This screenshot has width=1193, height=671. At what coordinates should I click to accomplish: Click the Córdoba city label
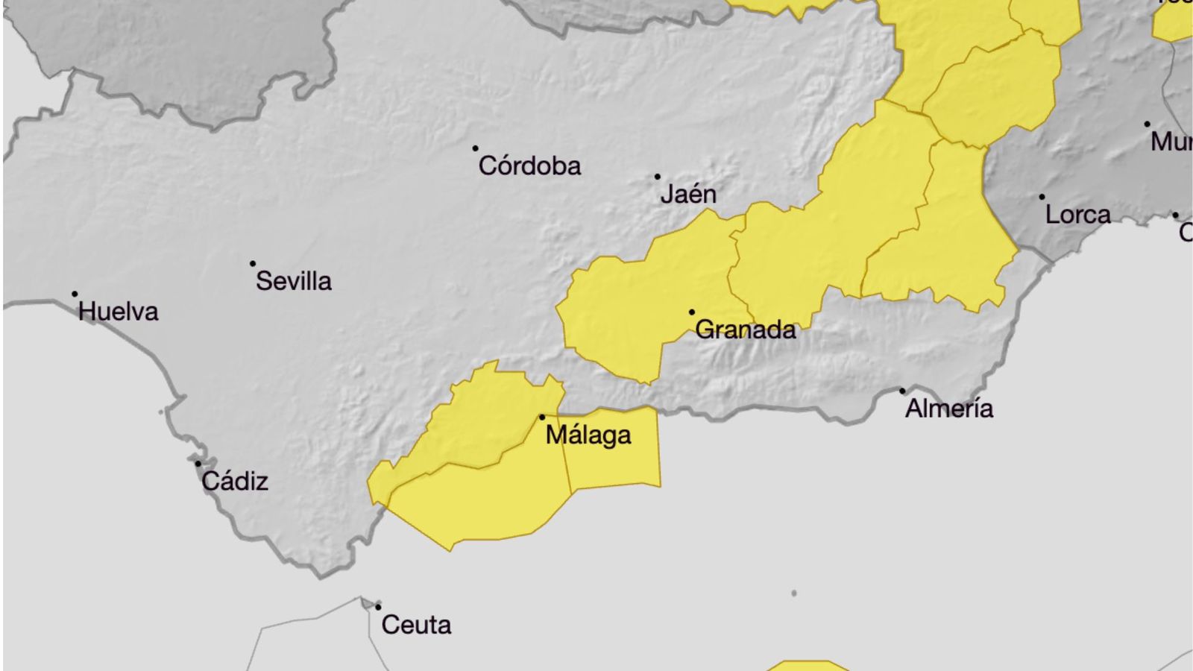coord(529,166)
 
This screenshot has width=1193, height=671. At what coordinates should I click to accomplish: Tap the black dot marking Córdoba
coord(476,148)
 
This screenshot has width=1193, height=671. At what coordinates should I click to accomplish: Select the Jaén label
coord(688,194)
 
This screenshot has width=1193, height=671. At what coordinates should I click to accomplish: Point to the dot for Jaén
coord(658,177)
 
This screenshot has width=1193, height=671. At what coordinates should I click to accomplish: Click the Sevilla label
coord(294,281)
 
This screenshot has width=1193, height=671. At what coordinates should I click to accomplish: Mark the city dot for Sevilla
coord(253,263)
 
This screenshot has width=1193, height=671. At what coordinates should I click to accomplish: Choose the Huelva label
coord(119,311)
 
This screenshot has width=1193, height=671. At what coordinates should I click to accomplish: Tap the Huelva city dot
coord(75,294)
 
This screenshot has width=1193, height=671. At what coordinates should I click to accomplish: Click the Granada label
coord(745,329)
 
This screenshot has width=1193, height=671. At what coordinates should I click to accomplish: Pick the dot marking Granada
coord(692,312)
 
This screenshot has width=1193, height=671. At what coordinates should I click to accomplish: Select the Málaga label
coord(588,435)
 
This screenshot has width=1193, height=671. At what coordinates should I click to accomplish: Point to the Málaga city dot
coord(542,417)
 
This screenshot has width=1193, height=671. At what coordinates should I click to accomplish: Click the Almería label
coord(949,408)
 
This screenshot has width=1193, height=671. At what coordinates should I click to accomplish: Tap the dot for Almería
coord(902,391)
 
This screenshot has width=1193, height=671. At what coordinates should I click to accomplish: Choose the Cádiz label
coord(235,481)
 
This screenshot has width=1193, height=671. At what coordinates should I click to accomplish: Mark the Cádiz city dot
coord(198,464)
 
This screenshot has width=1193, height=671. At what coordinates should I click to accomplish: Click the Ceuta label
coord(416,624)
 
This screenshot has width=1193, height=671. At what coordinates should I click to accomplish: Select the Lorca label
coord(1077,215)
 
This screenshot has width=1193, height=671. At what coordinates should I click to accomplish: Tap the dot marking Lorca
coord(1042,197)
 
